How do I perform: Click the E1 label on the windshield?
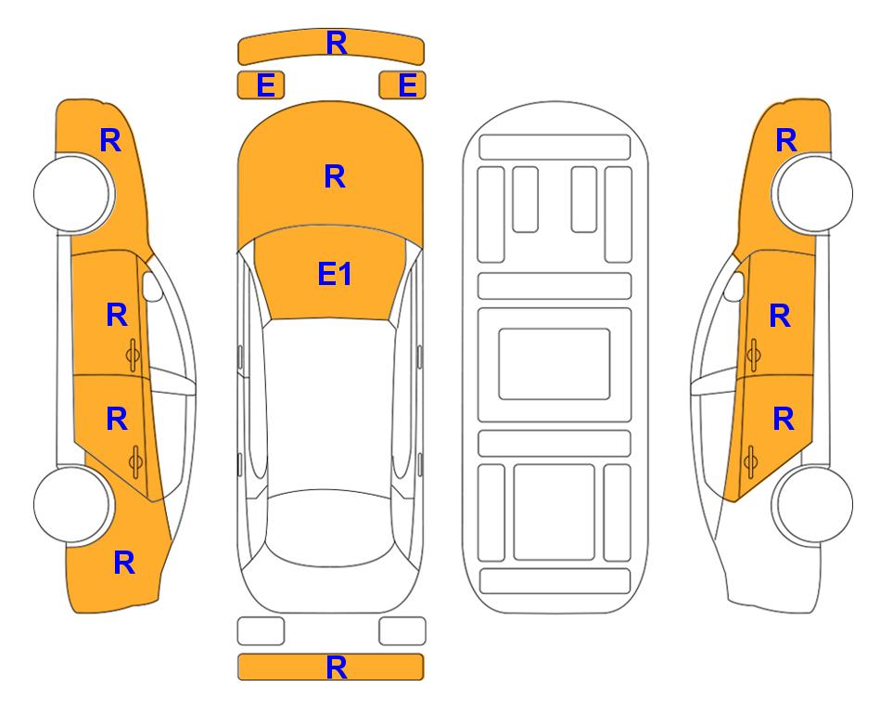(x=335, y=274)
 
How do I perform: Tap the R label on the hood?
(x=335, y=176)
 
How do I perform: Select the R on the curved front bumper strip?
(x=337, y=43)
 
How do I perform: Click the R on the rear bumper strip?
(x=337, y=668)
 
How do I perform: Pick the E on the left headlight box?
(x=266, y=85)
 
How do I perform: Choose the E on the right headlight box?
(x=408, y=85)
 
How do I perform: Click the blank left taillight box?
(x=261, y=631)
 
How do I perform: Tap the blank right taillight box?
(x=402, y=631)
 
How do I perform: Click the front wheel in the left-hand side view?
(x=72, y=193)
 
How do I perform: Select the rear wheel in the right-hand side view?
(x=814, y=504)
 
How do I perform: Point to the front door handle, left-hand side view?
(x=134, y=355)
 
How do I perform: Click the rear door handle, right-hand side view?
(x=751, y=462)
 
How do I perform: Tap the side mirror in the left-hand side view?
(x=151, y=286)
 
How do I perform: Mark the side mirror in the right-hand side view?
(x=734, y=286)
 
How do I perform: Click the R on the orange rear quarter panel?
(x=124, y=563)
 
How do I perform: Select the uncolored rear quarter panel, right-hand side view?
(x=769, y=564)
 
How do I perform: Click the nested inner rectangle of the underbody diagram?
(x=555, y=364)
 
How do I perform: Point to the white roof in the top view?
(x=329, y=405)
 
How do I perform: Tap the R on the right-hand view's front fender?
(x=786, y=140)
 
